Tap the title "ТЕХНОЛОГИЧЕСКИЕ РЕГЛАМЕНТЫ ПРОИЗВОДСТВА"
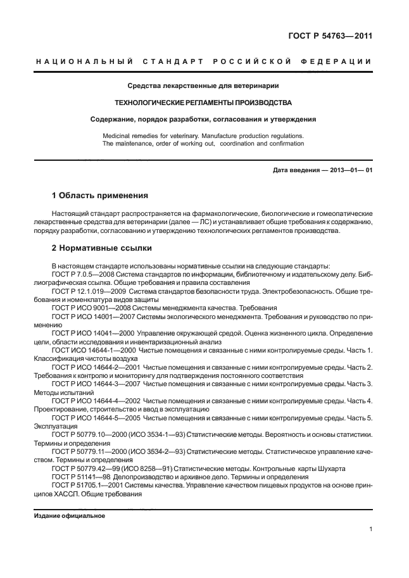(x=203, y=102)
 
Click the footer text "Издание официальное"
(x=69, y=515)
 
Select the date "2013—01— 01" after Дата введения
(x=348, y=170)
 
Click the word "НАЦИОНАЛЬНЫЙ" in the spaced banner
(x=82, y=61)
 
